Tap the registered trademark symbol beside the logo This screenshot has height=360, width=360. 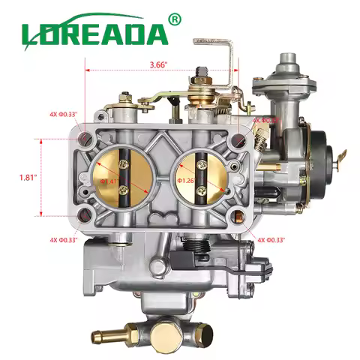(x=175, y=18)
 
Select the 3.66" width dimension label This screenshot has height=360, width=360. (x=158, y=64)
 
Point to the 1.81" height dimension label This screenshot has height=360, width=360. (x=27, y=178)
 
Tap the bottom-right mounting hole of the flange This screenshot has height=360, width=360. (x=239, y=218)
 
